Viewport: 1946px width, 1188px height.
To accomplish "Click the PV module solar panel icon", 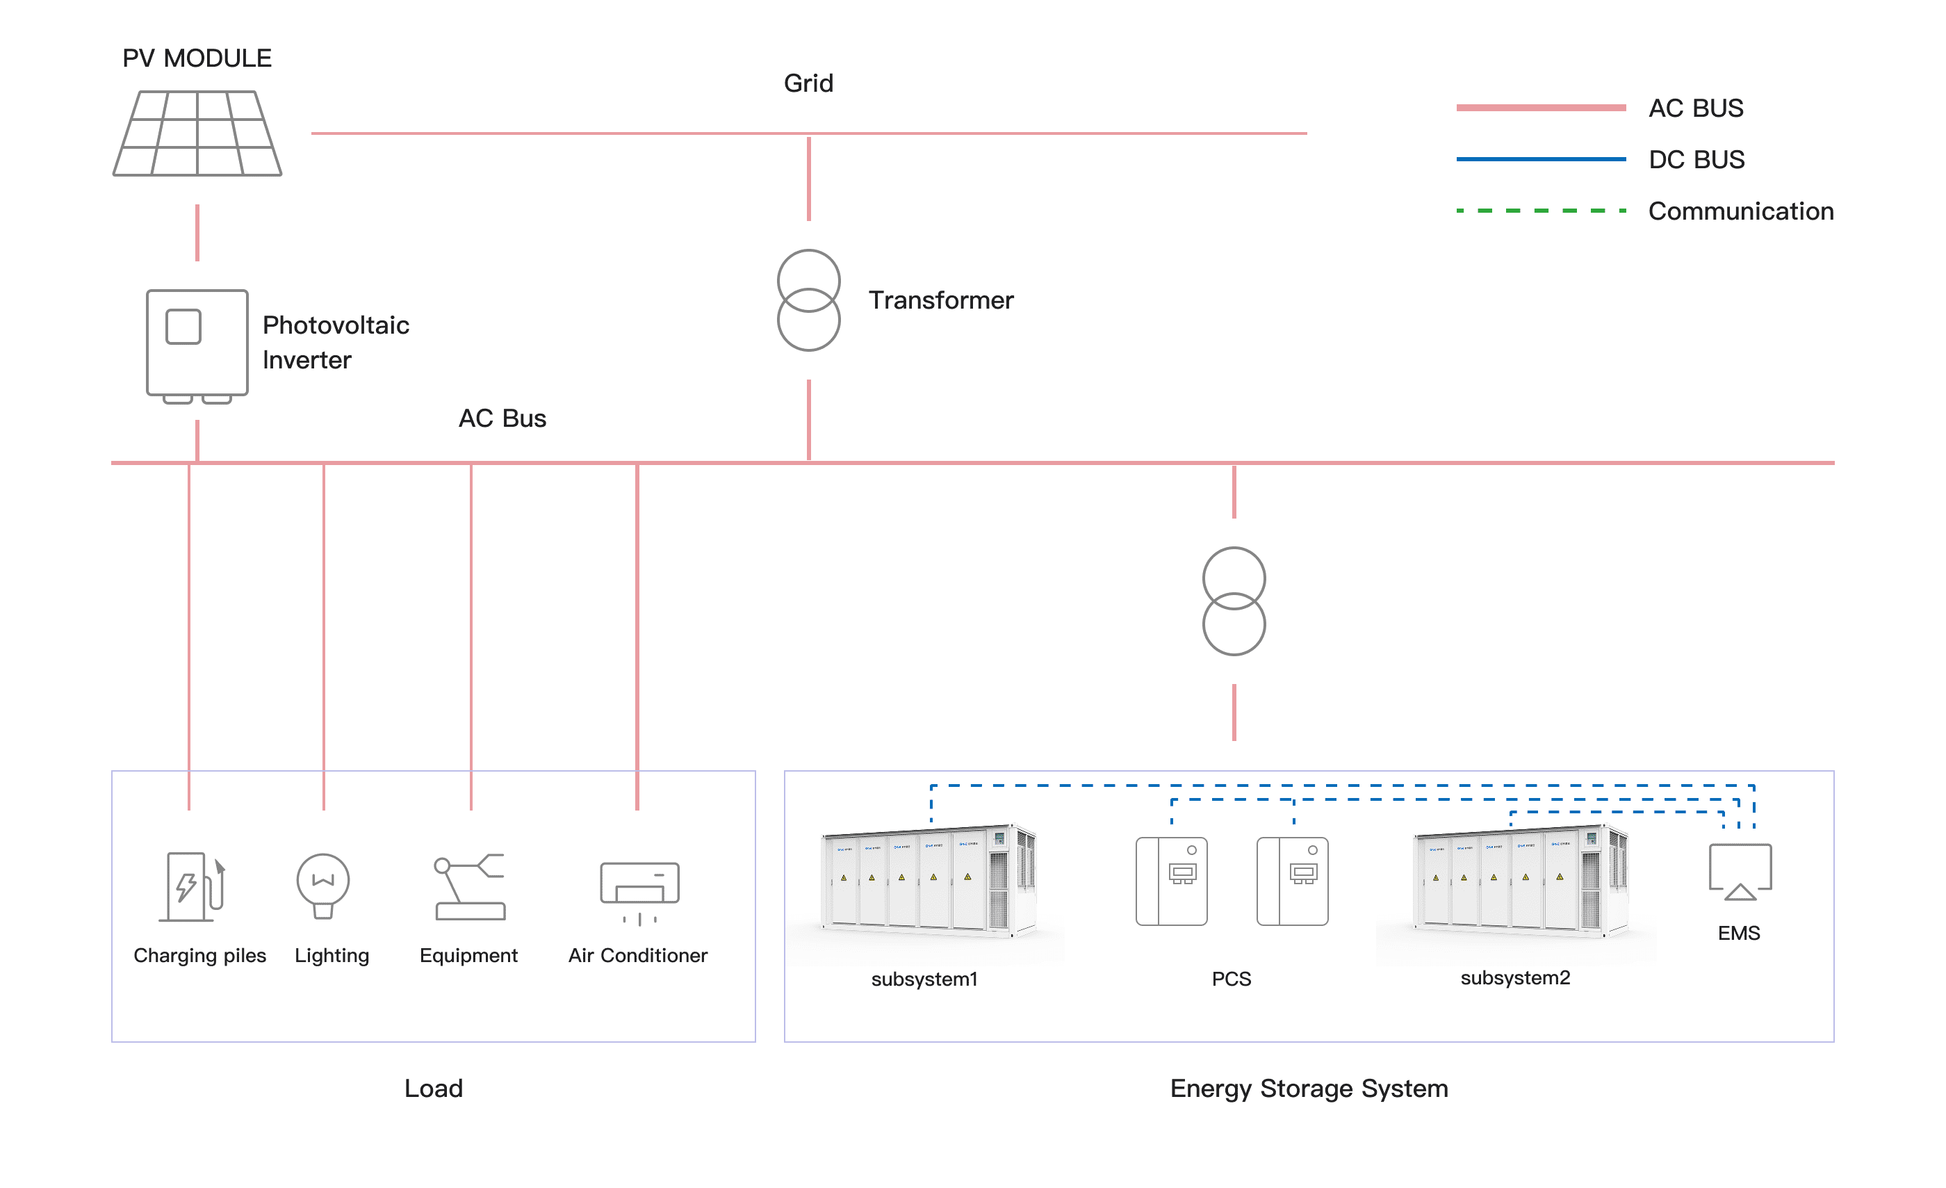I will pyautogui.click(x=197, y=133).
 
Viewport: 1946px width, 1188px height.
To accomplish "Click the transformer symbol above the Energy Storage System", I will pyautogui.click(x=1234, y=601).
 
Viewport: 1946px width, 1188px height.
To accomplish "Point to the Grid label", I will pyautogui.click(x=808, y=83).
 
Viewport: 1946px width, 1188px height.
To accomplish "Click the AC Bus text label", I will pyautogui.click(x=502, y=418).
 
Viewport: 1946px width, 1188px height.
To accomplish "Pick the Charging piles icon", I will pyautogui.click(x=193, y=886).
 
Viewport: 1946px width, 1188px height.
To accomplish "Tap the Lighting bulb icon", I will pyautogui.click(x=323, y=886).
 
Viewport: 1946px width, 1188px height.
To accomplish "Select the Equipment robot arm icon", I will pyautogui.click(x=470, y=886).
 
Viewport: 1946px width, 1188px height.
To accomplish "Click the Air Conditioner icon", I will pyautogui.click(x=639, y=891).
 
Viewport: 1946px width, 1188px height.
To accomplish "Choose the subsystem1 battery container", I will pyautogui.click(x=928, y=881).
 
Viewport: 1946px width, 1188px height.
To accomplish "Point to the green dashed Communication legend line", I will pyautogui.click(x=1541, y=211).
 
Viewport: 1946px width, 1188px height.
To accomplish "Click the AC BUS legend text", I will pyautogui.click(x=1696, y=108).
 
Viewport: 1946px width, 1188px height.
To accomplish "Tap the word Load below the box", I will pyautogui.click(x=434, y=1089).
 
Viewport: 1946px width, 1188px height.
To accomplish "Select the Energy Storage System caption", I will pyautogui.click(x=1309, y=1089).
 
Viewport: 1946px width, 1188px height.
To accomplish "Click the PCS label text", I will pyautogui.click(x=1232, y=979).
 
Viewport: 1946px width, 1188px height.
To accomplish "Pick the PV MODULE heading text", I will pyautogui.click(x=197, y=58).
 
